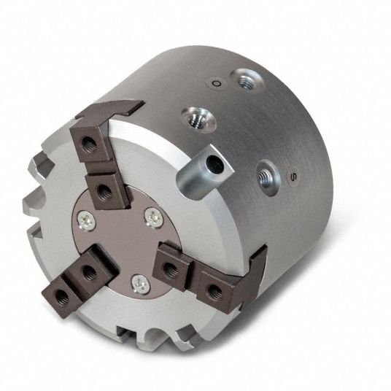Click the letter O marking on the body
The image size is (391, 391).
point(216,83)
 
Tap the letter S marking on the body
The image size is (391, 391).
point(294,176)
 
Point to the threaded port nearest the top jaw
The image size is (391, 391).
point(199,120)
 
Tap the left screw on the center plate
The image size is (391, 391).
point(87,220)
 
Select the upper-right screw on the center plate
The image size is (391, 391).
point(154,217)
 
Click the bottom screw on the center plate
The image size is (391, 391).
point(141,284)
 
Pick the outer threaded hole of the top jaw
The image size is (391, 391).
point(88,144)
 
